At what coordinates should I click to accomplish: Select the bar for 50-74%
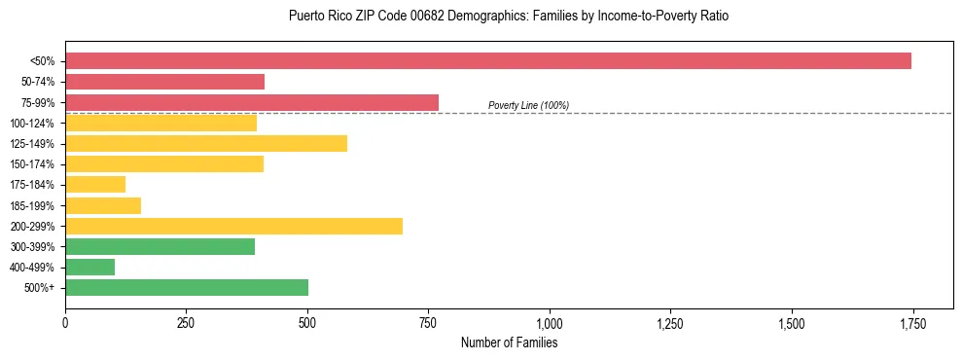click(164, 82)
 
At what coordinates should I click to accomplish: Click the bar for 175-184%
click(95, 185)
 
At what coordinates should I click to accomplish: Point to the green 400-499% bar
click(89, 267)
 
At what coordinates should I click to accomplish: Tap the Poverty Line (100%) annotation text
click(528, 105)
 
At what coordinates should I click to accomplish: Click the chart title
click(509, 17)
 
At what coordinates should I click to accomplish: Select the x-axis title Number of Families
click(509, 342)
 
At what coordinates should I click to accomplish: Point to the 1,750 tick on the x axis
click(912, 323)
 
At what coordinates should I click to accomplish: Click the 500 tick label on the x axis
click(307, 323)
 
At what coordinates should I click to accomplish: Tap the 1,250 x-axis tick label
click(670, 323)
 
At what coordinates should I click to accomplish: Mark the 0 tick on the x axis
click(65, 323)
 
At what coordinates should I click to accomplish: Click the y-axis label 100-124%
click(32, 124)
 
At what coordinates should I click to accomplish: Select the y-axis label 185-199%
click(32, 205)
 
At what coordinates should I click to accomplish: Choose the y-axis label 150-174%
click(32, 164)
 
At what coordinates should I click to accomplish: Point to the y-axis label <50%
click(42, 61)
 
